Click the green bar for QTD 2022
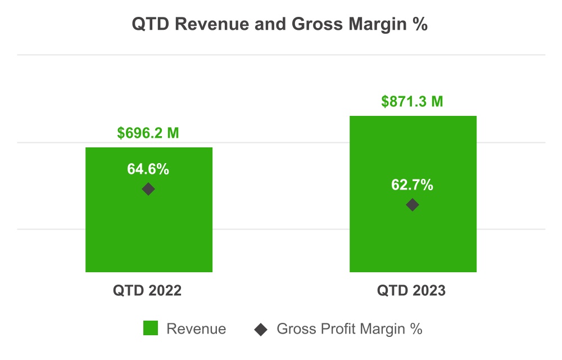[x=148, y=236]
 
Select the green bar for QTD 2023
[x=413, y=242]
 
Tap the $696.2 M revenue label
[x=148, y=133]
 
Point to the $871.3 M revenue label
[x=412, y=102]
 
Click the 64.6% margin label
[x=148, y=169]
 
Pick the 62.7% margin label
[x=412, y=185]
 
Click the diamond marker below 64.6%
[x=148, y=189]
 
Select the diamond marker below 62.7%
[x=412, y=205]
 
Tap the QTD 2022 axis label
[x=148, y=291]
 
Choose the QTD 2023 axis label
[x=412, y=291]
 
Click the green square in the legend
[x=151, y=328]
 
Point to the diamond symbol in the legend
[x=261, y=329]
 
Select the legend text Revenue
[x=196, y=329]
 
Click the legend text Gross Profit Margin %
[x=349, y=329]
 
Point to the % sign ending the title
[x=422, y=25]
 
